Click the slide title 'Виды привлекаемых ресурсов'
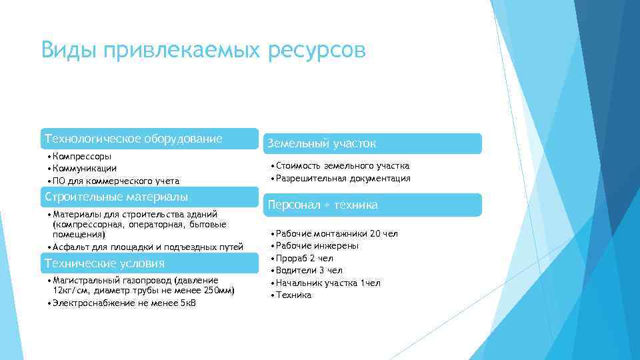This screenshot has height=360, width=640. pos(203,51)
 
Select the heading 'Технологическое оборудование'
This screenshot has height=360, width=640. pos(133,139)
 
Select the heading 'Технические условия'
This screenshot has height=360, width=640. pos(103,263)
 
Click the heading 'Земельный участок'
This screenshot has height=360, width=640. pos(321,143)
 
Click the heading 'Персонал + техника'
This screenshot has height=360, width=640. pos(323,205)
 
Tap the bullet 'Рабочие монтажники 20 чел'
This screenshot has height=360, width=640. pos(337,233)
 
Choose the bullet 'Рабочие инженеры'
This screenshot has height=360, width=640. pos(317,245)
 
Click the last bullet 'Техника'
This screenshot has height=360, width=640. pos(293,295)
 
